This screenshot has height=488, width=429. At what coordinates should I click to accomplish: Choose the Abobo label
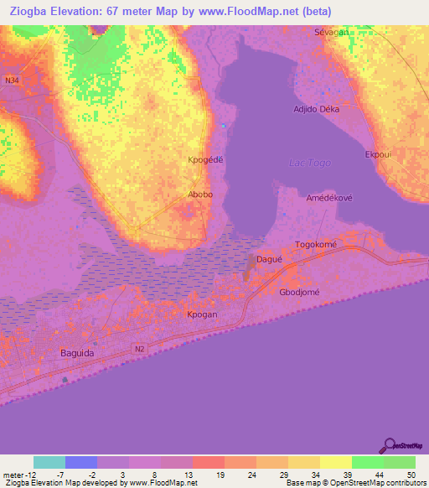pyautogui.click(x=200, y=194)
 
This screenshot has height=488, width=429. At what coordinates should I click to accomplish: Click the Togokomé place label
pyautogui.click(x=315, y=245)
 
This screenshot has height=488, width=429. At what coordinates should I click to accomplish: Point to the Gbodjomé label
pyautogui.click(x=300, y=291)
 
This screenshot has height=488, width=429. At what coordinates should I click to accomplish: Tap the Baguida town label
pyautogui.click(x=82, y=353)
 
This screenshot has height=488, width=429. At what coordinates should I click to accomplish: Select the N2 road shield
pyautogui.click(x=139, y=346)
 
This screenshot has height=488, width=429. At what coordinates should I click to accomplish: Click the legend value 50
pyautogui.click(x=411, y=475)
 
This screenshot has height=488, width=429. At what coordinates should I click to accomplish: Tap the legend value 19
pyautogui.click(x=220, y=475)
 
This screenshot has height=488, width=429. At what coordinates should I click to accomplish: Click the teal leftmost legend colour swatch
pyautogui.click(x=49, y=462)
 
